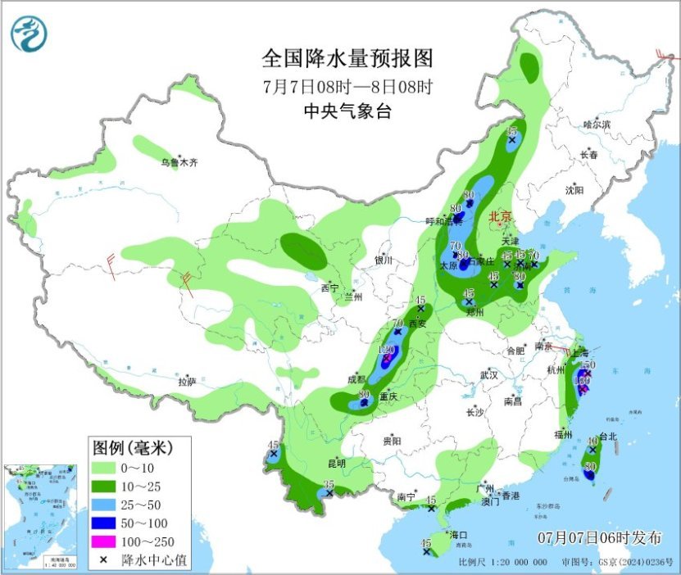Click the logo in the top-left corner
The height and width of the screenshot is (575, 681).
[29, 34]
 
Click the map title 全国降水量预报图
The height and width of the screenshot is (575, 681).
[347, 59]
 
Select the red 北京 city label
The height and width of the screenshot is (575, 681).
[499, 217]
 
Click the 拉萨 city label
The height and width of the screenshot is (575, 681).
[187, 382]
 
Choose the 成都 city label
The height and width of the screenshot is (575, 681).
[356, 379]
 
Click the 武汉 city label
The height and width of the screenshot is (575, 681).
[489, 374]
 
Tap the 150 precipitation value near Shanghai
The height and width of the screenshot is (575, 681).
[587, 364]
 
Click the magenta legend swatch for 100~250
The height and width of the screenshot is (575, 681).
[104, 541]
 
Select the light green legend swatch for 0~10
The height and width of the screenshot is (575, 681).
[104, 468]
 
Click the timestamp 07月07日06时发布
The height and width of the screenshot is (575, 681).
[600, 538]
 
